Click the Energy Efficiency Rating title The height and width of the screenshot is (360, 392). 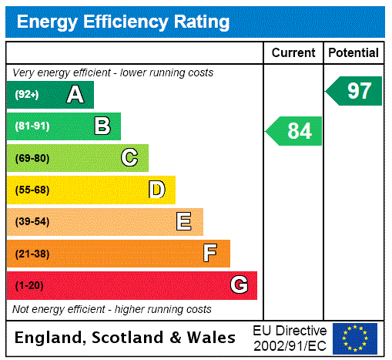123,22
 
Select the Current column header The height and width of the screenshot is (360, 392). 293,53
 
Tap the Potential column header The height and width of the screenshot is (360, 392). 353,53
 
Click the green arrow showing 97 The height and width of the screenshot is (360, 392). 355,91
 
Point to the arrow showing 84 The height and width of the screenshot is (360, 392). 295,131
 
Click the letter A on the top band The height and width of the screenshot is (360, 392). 75,95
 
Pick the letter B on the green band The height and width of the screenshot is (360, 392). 102,126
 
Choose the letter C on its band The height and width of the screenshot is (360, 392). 129,158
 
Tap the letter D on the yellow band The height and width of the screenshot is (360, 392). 156,190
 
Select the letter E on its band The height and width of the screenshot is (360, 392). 184,222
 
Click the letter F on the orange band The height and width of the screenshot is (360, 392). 210,254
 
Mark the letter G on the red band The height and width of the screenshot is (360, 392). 239,285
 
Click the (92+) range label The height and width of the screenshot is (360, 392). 27,95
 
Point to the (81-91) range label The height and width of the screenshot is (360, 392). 32,126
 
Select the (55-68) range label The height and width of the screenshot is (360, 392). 32,190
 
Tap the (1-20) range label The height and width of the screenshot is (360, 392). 29,286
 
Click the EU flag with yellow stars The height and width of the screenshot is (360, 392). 355,338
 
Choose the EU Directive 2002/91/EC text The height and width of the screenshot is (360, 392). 290,338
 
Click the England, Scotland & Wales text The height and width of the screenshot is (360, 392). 126,338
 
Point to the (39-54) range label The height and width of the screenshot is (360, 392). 32,222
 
